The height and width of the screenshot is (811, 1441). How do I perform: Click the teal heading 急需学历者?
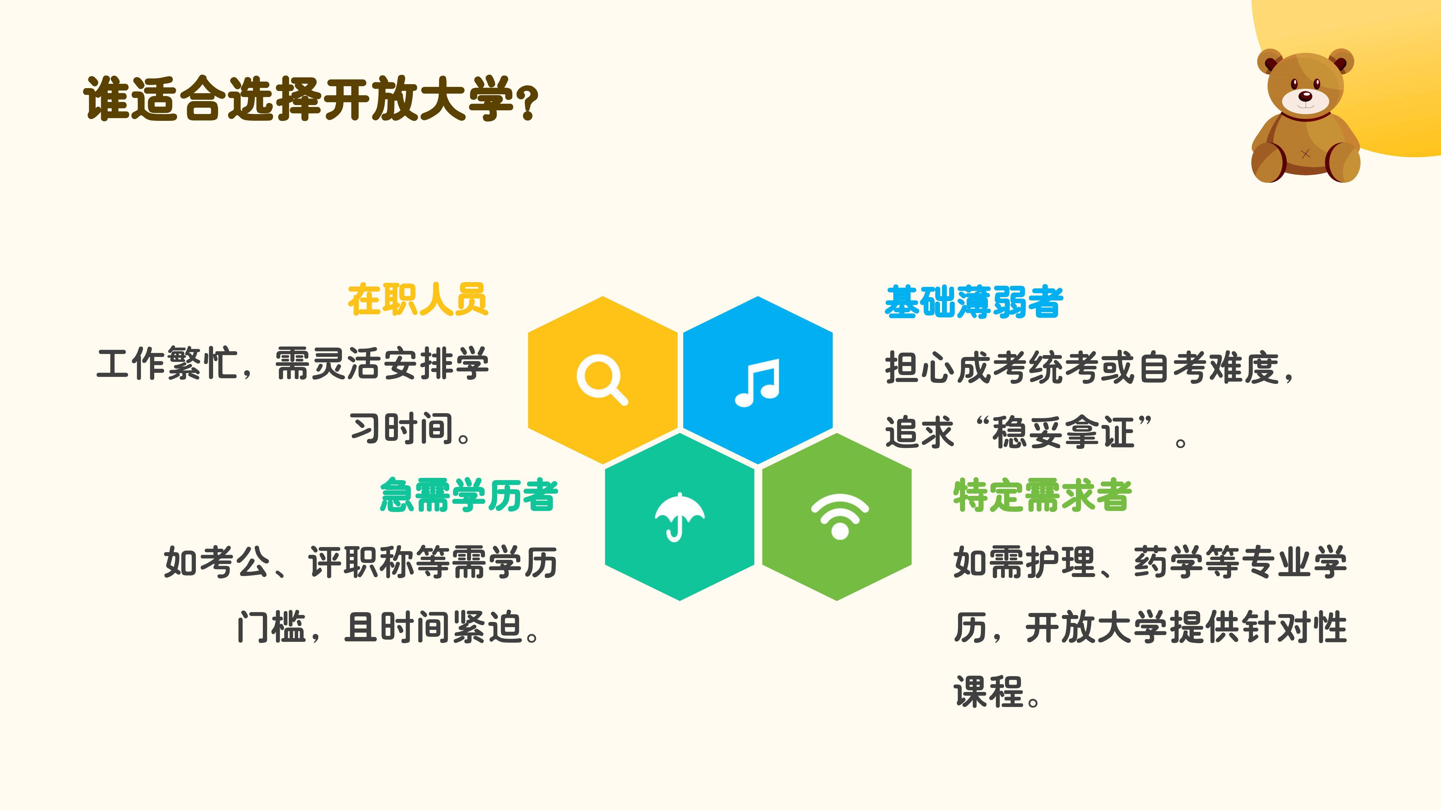[469, 495]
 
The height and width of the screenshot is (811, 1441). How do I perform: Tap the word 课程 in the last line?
[988, 692]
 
